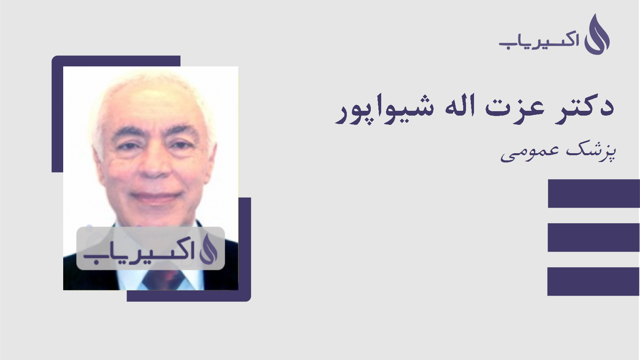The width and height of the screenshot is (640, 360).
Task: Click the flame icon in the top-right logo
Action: (597, 35)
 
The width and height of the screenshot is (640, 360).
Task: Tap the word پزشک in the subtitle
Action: (592, 152)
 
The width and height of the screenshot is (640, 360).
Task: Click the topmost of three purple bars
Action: (594, 194)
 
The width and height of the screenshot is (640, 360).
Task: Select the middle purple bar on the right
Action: (594, 238)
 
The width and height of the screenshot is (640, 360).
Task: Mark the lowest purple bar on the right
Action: (594, 282)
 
